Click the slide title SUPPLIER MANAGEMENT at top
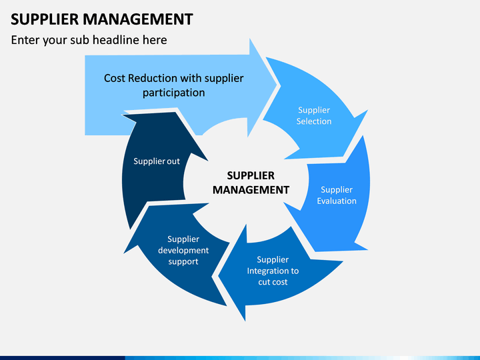pos(101,19)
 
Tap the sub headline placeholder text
pos(89,40)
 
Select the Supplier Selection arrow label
pos(314,116)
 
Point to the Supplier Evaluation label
pos(337,195)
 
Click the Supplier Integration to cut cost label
pos(273,271)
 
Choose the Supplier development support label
pos(183,251)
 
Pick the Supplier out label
pos(157,161)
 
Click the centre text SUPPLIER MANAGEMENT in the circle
pos(251,183)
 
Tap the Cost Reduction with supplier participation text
pos(173,85)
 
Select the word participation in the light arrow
pos(173,93)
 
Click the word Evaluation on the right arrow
pos(337,201)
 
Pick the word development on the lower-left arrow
pos(183,251)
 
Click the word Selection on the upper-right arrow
pos(314,121)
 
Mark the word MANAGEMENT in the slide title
pos(138,19)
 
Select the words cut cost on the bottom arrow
pos(273,282)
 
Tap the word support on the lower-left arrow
pos(183,262)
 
